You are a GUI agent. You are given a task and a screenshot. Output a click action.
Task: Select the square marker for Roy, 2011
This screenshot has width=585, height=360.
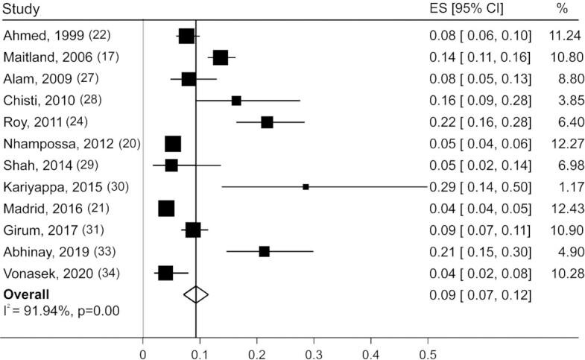pos(267,122)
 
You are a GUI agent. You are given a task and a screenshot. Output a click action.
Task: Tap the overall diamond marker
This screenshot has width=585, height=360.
pos(196,294)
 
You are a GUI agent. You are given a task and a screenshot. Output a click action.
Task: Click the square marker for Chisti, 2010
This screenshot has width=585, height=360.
pos(236,101)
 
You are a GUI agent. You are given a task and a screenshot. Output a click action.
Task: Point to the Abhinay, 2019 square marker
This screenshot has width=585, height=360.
pos(264,252)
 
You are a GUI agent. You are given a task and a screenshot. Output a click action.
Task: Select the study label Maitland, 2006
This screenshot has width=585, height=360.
pos(44,57)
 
